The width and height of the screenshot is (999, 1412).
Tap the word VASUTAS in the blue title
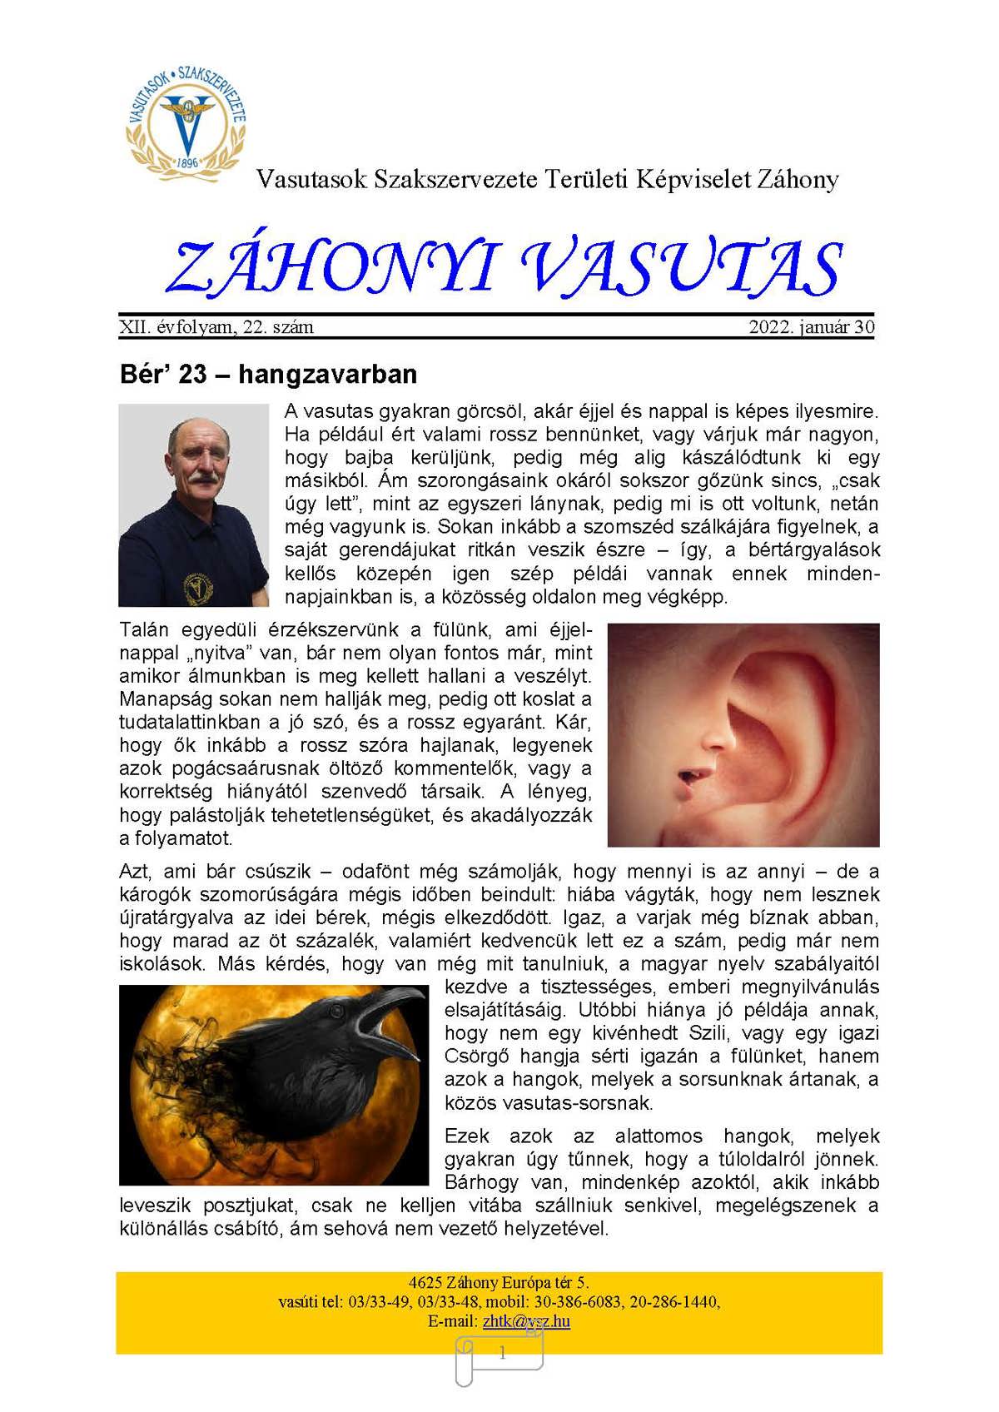(x=683, y=268)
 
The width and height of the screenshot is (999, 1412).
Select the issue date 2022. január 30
(x=812, y=327)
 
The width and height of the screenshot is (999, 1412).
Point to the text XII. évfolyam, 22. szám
(x=216, y=327)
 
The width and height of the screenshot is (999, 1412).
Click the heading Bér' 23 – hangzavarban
(x=268, y=375)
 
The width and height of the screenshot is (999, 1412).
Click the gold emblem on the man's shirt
(x=197, y=588)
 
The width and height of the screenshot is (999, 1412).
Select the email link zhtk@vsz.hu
(x=526, y=1321)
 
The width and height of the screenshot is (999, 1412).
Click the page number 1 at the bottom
(x=501, y=1354)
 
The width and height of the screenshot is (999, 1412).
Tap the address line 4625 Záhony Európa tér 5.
(x=499, y=1282)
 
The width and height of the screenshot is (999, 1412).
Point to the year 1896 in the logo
(x=187, y=162)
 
